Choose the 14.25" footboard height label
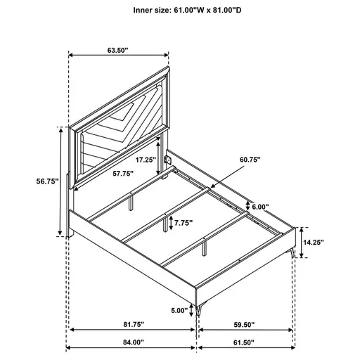coord(316,241)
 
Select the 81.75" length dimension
coord(132,324)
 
